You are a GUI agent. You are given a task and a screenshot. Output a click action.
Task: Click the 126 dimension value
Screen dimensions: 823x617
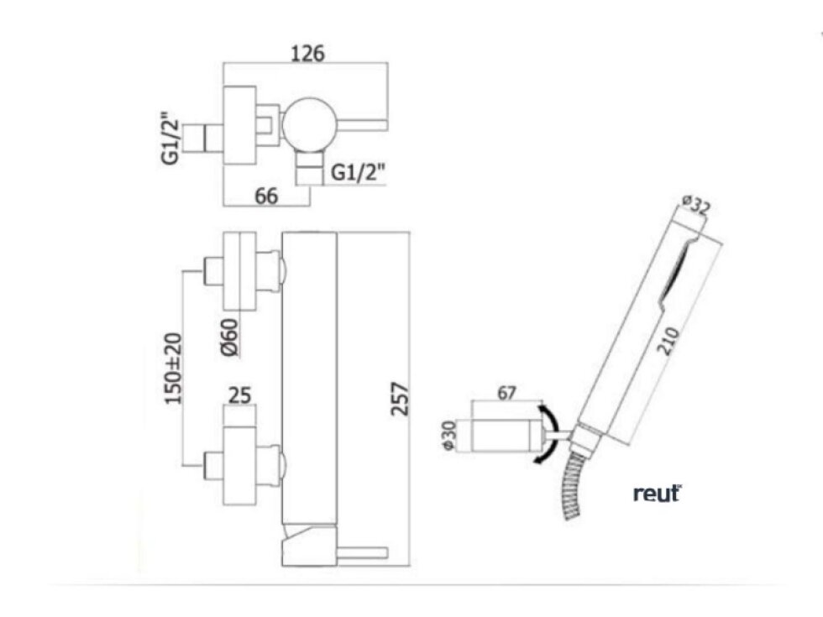coord(308,53)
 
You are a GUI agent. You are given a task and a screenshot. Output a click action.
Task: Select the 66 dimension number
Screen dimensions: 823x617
coord(266,196)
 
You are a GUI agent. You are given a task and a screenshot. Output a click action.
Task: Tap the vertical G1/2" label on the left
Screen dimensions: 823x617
coord(171,138)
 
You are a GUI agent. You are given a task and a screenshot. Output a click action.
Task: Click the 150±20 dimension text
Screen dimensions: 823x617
coord(174,369)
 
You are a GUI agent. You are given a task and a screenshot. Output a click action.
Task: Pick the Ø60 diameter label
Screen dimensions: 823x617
coord(230,337)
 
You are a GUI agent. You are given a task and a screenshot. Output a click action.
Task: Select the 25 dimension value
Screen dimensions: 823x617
coord(239,395)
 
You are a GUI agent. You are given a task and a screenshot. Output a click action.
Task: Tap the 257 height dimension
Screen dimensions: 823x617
coord(400,400)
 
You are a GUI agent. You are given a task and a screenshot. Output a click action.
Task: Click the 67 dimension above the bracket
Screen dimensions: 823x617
coord(506,393)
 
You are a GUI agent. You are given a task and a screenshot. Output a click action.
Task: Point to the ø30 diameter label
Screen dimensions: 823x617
coord(449,435)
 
